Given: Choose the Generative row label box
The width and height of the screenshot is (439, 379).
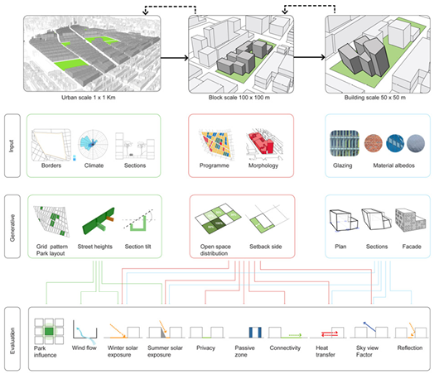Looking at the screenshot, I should click(13, 226).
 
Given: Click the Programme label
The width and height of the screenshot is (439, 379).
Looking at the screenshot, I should click(216, 166).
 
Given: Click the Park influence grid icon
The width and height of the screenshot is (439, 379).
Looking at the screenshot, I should click(48, 333).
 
